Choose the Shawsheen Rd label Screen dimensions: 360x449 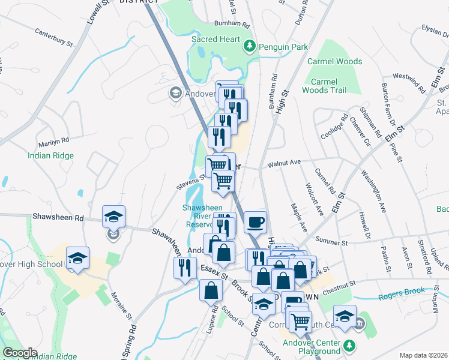[58, 218]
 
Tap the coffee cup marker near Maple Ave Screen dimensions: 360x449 [255, 222]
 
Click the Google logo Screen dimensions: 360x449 [20, 353]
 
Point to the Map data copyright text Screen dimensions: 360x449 [423, 355]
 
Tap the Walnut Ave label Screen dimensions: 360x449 [284, 163]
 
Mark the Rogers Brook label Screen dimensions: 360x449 [402, 293]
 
